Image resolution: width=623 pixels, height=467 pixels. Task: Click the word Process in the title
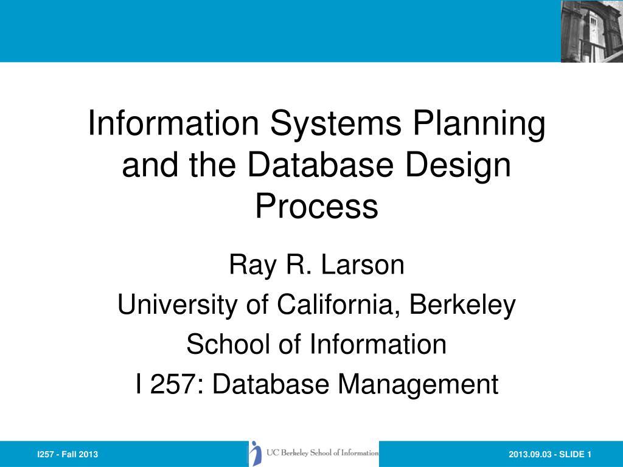[316, 207]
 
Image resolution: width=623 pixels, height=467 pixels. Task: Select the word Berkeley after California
[462, 305]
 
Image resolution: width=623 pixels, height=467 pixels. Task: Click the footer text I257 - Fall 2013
[68, 455]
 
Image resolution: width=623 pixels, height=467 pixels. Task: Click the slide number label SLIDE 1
[577, 455]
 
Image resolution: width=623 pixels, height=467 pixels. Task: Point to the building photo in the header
[591, 31]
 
